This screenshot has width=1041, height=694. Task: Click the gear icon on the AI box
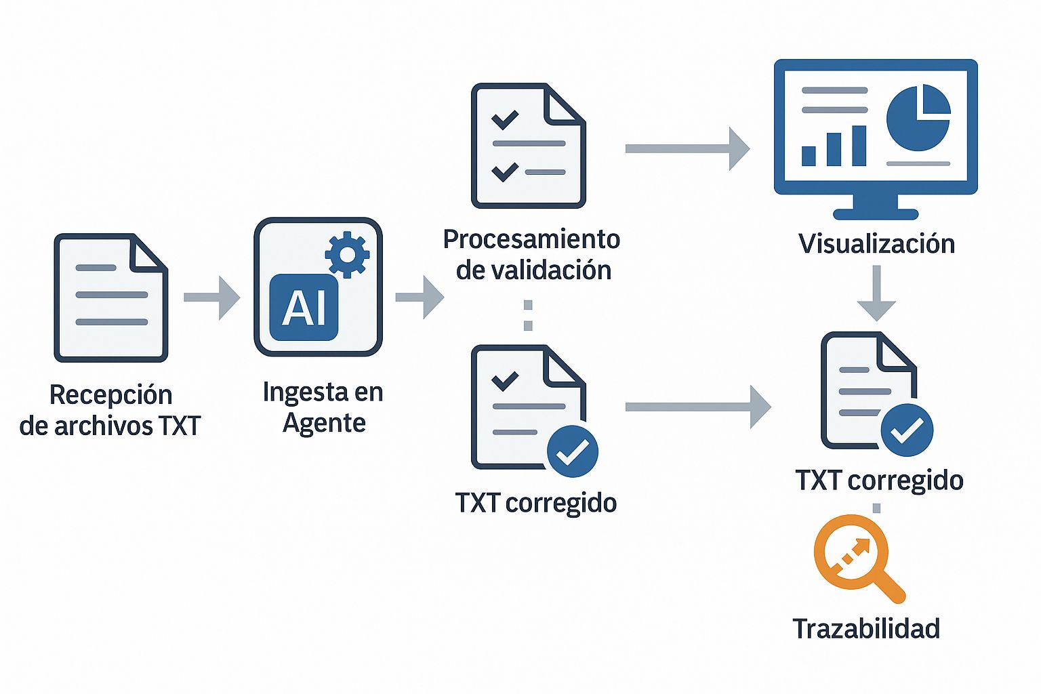[347, 254]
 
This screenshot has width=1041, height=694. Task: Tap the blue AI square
[304, 308]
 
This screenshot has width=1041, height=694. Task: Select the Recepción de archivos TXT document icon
[111, 298]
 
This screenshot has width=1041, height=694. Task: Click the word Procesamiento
[531, 239]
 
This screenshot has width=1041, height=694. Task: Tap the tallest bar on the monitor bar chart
[859, 146]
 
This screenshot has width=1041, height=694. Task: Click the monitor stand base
[876, 213]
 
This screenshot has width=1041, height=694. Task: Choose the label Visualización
[876, 244]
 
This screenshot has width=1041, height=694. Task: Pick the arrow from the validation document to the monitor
[687, 148]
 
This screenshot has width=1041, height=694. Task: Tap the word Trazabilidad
[866, 629]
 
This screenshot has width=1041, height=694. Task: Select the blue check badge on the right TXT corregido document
[907, 430]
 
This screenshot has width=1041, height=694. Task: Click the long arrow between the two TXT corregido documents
[697, 407]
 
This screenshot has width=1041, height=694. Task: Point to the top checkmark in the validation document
[505, 119]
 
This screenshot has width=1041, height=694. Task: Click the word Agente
[324, 423]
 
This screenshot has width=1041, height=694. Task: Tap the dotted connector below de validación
[528, 315]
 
